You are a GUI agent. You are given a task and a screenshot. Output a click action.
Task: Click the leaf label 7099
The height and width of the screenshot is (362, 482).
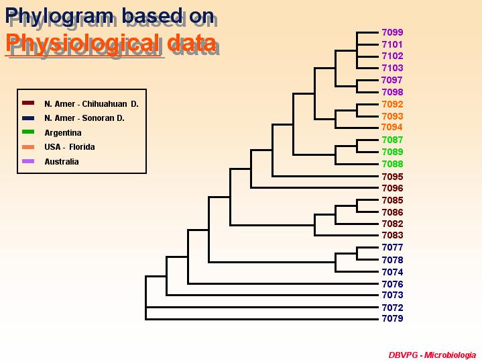click(392, 32)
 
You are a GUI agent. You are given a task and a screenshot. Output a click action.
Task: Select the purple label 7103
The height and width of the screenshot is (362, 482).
click(392, 68)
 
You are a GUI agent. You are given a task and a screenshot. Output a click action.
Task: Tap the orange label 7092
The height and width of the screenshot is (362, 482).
click(392, 104)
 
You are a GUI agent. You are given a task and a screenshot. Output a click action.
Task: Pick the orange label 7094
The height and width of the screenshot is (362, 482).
click(391, 127)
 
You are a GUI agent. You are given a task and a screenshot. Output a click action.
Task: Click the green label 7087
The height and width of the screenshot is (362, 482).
click(392, 140)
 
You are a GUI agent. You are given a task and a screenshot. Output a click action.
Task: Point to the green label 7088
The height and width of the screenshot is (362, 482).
click(392, 164)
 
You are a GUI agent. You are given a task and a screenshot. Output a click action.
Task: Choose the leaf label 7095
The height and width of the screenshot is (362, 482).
click(392, 177)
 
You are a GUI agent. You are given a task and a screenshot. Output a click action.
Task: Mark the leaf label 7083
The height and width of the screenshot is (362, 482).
click(392, 235)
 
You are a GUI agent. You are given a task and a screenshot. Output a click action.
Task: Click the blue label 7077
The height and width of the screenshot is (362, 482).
click(392, 247)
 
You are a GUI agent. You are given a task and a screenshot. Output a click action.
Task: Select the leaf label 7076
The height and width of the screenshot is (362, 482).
click(392, 284)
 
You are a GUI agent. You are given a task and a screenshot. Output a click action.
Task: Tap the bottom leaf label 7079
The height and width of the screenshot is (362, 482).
click(392, 318)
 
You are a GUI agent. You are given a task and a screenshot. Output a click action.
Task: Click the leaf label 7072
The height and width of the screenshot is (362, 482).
click(392, 308)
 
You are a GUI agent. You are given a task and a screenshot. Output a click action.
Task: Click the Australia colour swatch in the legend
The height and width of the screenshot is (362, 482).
click(28, 161)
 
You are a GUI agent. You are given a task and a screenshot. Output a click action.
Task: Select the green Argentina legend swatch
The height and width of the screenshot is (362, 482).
click(28, 132)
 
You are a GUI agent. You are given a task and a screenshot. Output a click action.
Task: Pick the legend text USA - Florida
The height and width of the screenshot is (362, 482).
click(70, 147)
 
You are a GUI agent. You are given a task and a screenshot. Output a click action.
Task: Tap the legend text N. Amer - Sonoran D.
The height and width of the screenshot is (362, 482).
click(84, 118)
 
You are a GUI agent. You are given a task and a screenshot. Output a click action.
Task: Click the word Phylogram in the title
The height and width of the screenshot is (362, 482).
click(59, 17)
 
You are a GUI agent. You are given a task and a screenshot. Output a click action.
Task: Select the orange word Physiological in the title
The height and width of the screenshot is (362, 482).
click(82, 44)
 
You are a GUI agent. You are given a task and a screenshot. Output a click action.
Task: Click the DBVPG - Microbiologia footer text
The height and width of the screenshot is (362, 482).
click(432, 355)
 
